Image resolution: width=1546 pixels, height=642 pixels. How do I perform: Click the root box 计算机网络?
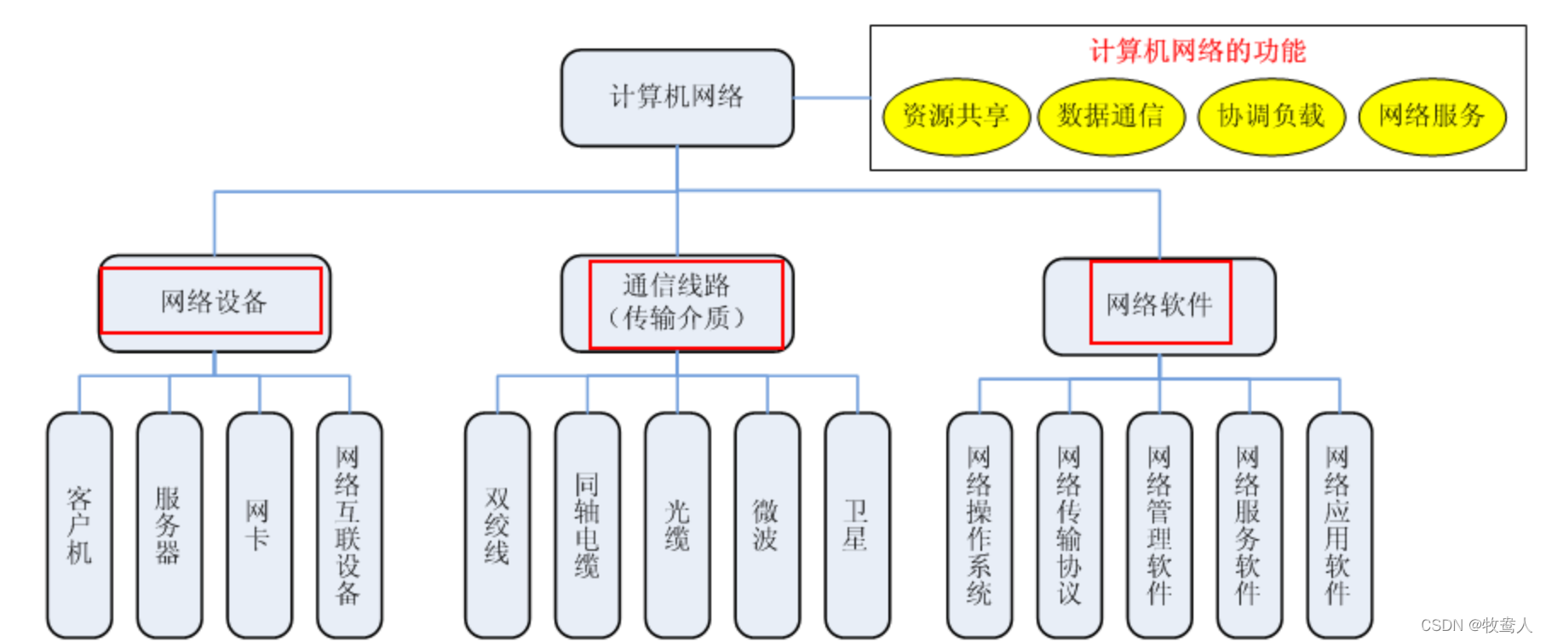pyautogui.click(x=677, y=97)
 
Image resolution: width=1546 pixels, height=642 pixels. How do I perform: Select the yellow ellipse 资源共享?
pyautogui.click(x=956, y=117)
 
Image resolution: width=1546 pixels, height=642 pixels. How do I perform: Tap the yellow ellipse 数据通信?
pyautogui.click(x=1111, y=117)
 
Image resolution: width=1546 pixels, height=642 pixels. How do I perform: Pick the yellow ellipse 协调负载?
pyautogui.click(x=1271, y=117)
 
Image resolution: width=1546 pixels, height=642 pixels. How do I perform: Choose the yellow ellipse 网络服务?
pyautogui.click(x=1432, y=117)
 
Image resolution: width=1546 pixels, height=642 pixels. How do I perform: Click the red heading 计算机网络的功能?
pyautogui.click(x=1198, y=51)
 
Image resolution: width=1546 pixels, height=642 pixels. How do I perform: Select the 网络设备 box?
pyautogui.click(x=214, y=302)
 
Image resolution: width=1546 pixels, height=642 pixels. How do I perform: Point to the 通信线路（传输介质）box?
pyautogui.click(x=677, y=302)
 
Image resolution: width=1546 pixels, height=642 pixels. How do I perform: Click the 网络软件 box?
pyautogui.click(x=1159, y=305)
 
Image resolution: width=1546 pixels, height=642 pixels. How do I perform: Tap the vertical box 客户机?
pyautogui.click(x=79, y=525)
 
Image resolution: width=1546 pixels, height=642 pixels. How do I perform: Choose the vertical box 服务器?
pyautogui.click(x=170, y=525)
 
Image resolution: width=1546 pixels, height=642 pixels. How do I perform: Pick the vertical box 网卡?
pyautogui.click(x=259, y=525)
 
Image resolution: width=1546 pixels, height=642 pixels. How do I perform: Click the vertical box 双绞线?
pyautogui.click(x=497, y=525)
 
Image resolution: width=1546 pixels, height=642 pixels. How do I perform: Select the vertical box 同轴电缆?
pyautogui.click(x=587, y=525)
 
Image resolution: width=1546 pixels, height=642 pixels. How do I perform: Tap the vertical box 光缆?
pyautogui.click(x=677, y=525)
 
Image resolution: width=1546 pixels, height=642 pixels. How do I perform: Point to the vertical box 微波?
pyautogui.click(x=767, y=525)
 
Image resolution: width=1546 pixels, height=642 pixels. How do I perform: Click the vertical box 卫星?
pyautogui.click(x=857, y=525)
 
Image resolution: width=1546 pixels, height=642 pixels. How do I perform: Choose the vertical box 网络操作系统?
pyautogui.click(x=980, y=525)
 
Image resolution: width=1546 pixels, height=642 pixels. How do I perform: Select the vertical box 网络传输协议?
pyautogui.click(x=1069, y=525)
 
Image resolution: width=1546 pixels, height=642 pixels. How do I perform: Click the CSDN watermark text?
pyautogui.click(x=1475, y=626)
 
